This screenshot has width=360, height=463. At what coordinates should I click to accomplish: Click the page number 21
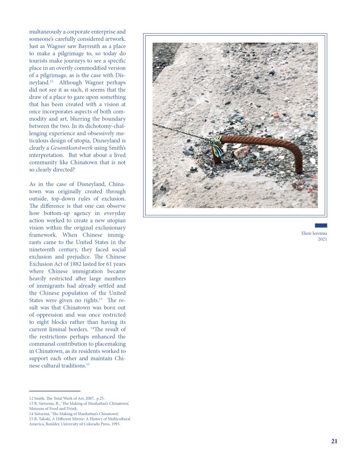(x=334, y=441)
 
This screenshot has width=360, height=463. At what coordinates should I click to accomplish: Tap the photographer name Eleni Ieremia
(x=313, y=233)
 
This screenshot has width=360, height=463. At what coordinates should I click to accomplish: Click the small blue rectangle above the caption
(x=321, y=225)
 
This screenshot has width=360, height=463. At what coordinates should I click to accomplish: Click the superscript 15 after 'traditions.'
(x=88, y=364)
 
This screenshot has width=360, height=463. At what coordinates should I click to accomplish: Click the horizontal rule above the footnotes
(x=55, y=391)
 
